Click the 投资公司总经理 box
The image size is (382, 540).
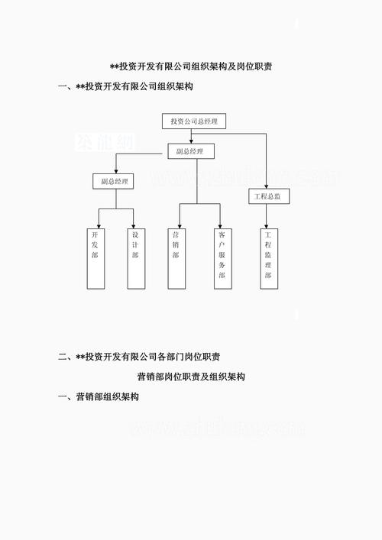[x=194, y=121]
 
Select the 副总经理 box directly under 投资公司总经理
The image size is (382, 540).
[x=189, y=151]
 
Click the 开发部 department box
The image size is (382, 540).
[x=95, y=257]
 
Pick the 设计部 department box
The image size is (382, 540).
[x=136, y=257]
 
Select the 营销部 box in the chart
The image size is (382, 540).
[x=176, y=257]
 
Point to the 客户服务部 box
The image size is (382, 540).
[x=222, y=257]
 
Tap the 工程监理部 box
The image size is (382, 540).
[x=267, y=257]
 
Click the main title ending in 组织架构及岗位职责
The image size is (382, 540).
[x=192, y=67]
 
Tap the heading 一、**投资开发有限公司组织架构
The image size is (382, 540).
[x=125, y=87]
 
